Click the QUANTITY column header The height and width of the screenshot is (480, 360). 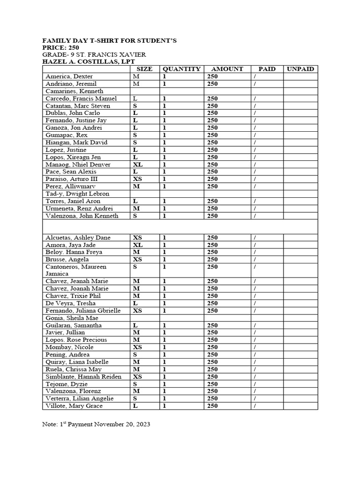(x=181, y=69)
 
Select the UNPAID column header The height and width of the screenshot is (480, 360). (x=300, y=69)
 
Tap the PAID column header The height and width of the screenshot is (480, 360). (x=267, y=69)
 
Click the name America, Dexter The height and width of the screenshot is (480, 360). (x=69, y=76)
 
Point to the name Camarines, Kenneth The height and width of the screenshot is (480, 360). (x=74, y=91)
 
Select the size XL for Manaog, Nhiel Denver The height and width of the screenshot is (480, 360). (x=137, y=165)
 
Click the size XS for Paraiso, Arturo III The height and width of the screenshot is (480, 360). (x=137, y=179)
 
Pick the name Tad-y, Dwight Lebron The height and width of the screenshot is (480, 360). (x=77, y=194)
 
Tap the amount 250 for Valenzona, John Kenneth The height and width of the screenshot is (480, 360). (x=212, y=216)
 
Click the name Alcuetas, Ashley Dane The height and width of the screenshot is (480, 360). (x=75, y=238)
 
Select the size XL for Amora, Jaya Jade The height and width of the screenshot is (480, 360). (x=137, y=245)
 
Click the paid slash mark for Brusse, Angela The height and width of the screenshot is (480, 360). (x=255, y=259)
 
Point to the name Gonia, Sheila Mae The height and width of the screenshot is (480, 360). (x=69, y=318)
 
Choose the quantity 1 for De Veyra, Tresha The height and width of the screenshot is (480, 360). (x=165, y=303)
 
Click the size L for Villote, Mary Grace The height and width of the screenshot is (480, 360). (x=135, y=406)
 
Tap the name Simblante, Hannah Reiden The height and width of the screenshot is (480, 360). (x=83, y=376)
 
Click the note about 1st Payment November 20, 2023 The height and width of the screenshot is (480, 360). (x=96, y=424)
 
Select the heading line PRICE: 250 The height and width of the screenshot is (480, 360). (x=61, y=48)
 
